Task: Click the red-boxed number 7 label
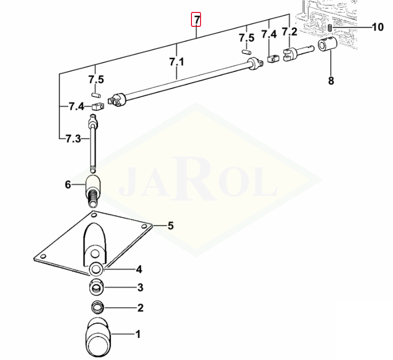pyautogui.click(x=196, y=19)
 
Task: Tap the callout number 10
pyautogui.click(x=378, y=27)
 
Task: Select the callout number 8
pyautogui.click(x=331, y=81)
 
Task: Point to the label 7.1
pyautogui.click(x=177, y=62)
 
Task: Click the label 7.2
pyautogui.click(x=290, y=32)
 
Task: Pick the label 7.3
pyautogui.click(x=73, y=138)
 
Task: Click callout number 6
pyautogui.click(x=68, y=185)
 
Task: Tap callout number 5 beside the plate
pyautogui.click(x=170, y=225)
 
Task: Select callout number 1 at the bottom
pyautogui.click(x=138, y=334)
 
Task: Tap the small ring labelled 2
pyautogui.click(x=97, y=307)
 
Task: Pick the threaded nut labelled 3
pyautogui.click(x=97, y=287)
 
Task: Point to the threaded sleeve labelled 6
pyautogui.click(x=93, y=191)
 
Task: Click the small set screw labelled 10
pyautogui.click(x=330, y=28)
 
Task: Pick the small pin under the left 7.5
pyautogui.click(x=95, y=95)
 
